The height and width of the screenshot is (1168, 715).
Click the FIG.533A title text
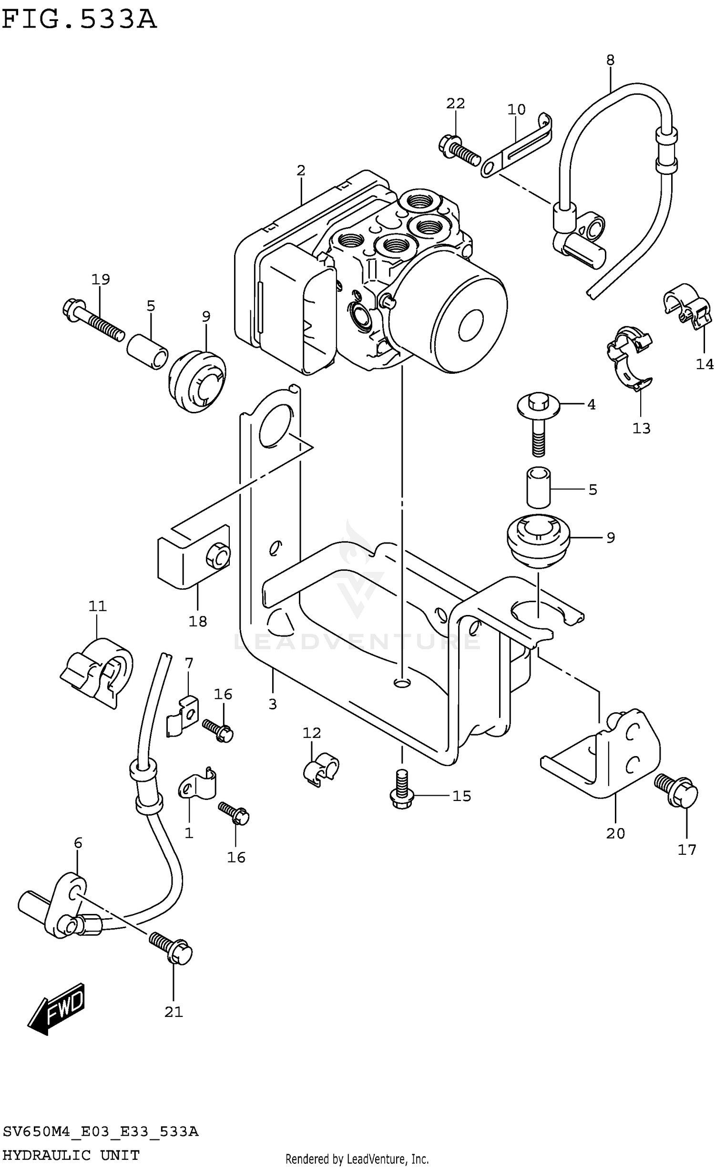pyautogui.click(x=79, y=20)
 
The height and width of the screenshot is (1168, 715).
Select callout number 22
pyautogui.click(x=455, y=103)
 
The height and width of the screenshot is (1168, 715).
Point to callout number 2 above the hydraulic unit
pyautogui.click(x=300, y=170)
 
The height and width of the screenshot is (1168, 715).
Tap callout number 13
pyautogui.click(x=641, y=429)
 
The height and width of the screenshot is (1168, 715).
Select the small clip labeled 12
pyautogui.click(x=320, y=768)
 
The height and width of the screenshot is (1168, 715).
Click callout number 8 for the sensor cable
pyautogui.click(x=610, y=61)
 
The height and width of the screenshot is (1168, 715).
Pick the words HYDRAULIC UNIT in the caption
pyautogui.click(x=71, y=1155)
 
